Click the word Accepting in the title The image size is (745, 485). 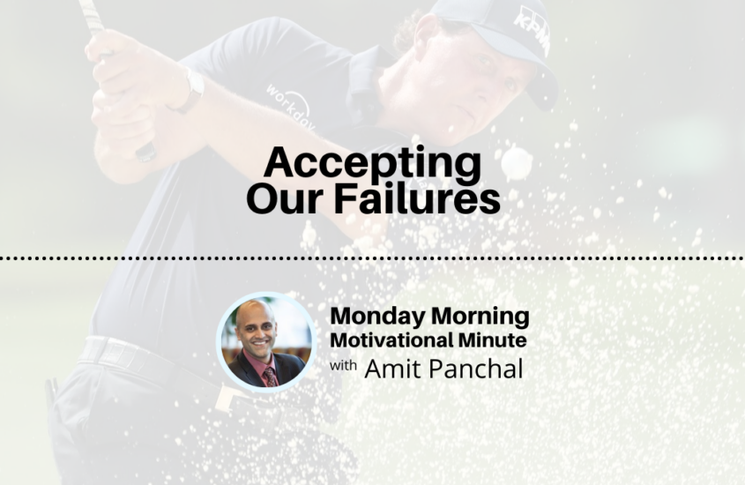pyautogui.click(x=373, y=164)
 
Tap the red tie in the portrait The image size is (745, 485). pyautogui.click(x=269, y=374)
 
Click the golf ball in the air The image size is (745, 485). pyautogui.click(x=517, y=161)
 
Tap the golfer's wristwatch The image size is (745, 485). pyautogui.click(x=190, y=88)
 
